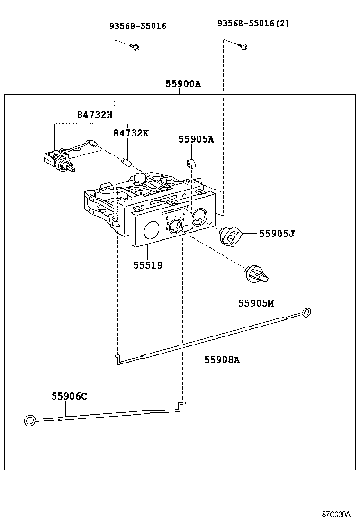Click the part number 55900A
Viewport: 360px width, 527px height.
pos(183,84)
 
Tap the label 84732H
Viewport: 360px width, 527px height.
pos(95,114)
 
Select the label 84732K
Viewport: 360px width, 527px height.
pos(131,133)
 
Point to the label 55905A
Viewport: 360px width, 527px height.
pos(196,139)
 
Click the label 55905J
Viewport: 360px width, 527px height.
pos(277,233)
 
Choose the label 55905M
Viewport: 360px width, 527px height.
pos(256,303)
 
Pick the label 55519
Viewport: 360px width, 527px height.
pos(148,265)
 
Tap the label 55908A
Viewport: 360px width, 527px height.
pos(222,360)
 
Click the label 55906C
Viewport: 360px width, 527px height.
pos(69,396)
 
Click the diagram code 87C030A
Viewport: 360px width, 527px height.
pos(336,514)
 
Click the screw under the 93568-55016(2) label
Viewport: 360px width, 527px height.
pos(244,46)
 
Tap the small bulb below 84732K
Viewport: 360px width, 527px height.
pos(126,162)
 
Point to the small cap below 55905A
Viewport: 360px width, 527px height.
pos(190,163)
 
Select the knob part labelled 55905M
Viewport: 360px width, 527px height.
pos(256,274)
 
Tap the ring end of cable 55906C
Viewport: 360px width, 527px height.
pos(29,420)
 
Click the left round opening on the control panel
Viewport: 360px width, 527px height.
pos(151,230)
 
